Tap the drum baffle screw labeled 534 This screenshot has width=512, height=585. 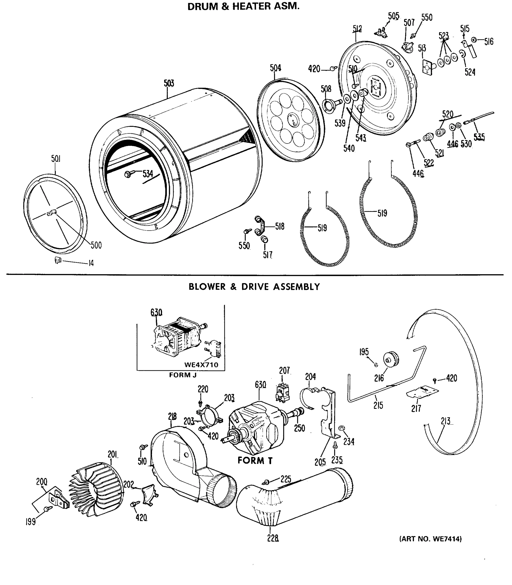pyautogui.click(x=128, y=174)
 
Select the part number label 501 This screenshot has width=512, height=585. pyautogui.click(x=56, y=159)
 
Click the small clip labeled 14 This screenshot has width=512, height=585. pyautogui.click(x=58, y=260)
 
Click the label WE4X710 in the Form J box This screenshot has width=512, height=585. pyautogui.click(x=201, y=365)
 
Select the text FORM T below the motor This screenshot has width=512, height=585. pyautogui.click(x=255, y=460)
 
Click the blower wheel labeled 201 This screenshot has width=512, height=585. pyautogui.click(x=97, y=489)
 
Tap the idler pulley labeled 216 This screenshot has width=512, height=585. pyautogui.click(x=391, y=359)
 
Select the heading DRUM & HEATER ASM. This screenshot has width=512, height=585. pyautogui.click(x=243, y=6)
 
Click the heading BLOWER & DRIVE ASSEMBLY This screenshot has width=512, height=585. pyautogui.click(x=254, y=287)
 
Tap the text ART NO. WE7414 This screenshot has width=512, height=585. pyautogui.click(x=430, y=539)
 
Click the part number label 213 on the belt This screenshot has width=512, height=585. pyautogui.click(x=445, y=421)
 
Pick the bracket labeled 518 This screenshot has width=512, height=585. pyautogui.click(x=260, y=226)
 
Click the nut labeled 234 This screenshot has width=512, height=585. pyautogui.click(x=341, y=428)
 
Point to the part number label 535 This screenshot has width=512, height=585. pyautogui.click(x=479, y=137)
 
